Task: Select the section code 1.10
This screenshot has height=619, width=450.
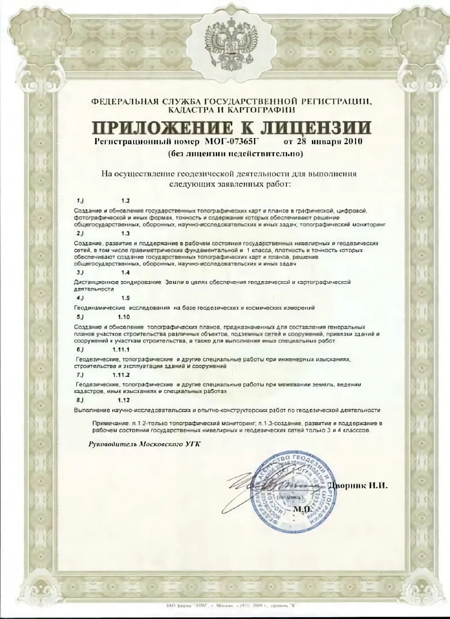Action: tap(124, 317)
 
